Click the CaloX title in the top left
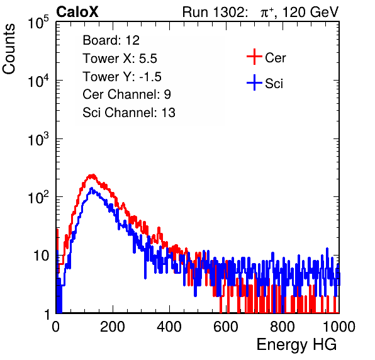[x=77, y=12]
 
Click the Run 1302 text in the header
[x=215, y=12]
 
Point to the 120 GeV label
[x=311, y=12]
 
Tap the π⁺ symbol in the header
[x=267, y=13]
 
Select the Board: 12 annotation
[x=111, y=40]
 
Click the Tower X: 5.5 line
[x=120, y=59]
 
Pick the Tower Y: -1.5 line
[x=122, y=77]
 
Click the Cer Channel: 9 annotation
[x=126, y=94]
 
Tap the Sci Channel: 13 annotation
[x=129, y=113]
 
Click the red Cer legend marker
[x=254, y=57]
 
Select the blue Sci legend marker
[x=254, y=83]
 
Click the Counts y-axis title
[x=9, y=49]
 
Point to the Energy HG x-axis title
[x=296, y=344]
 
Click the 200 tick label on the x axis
[x=113, y=327]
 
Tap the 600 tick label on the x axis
[x=226, y=327]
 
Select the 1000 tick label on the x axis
[x=339, y=327]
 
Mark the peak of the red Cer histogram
[x=92, y=175]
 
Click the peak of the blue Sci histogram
[x=91, y=188]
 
